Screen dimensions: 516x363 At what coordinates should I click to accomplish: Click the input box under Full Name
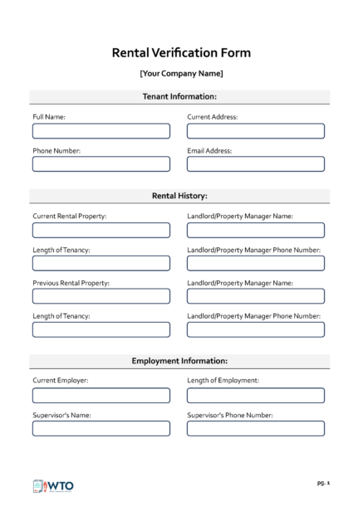point(101,131)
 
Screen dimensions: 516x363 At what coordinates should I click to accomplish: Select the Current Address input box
point(256,131)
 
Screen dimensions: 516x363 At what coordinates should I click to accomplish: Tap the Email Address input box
point(256,164)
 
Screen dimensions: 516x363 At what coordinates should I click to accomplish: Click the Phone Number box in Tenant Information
point(101,164)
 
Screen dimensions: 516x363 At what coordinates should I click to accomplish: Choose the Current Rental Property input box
point(101,230)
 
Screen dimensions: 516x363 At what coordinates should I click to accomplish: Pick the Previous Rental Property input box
point(101,296)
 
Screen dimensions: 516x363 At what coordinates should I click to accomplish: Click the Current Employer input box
point(101,395)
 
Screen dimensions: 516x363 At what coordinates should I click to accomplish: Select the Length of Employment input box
point(256,395)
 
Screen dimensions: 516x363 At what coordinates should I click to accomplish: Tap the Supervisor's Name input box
point(101,428)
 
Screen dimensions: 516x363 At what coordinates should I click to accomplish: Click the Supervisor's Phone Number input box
point(256,428)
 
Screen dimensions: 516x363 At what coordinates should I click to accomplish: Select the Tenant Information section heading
point(180,97)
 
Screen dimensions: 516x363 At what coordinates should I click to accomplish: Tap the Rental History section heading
point(180,196)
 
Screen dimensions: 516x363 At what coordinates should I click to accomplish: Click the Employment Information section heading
point(180,361)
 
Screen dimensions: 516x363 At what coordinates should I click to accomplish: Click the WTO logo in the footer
point(53,485)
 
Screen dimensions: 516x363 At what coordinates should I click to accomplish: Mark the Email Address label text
point(210,150)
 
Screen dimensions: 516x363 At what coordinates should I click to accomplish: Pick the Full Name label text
point(49,117)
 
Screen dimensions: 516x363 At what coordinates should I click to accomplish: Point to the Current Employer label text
point(61,380)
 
